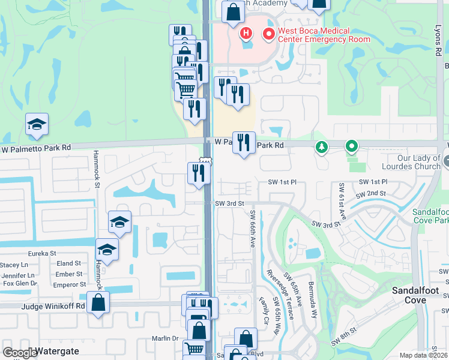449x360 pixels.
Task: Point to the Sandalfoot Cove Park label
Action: [430, 217]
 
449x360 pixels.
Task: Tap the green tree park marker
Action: [322, 146]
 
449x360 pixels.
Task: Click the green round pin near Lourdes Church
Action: [351, 146]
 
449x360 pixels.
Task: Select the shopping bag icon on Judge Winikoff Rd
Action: [98, 302]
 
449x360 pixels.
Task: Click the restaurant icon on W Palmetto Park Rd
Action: [244, 143]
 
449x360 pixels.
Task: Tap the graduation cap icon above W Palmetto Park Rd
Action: [37, 124]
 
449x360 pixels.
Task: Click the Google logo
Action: [19, 353]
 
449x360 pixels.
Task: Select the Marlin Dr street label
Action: [167, 338]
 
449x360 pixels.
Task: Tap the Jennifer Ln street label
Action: [18, 275]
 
